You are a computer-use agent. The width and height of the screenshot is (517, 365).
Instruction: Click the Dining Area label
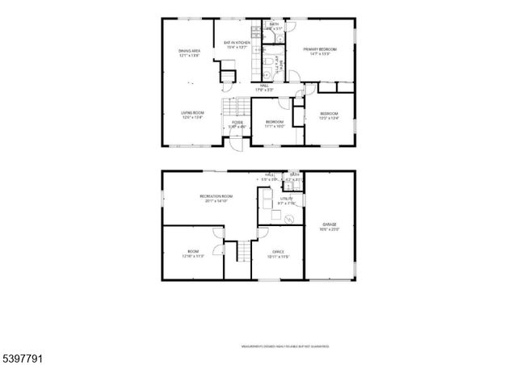(190, 53)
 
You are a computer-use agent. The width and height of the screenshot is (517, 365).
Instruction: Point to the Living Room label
(192, 115)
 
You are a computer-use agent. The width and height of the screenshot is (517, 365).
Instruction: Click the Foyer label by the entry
(237, 124)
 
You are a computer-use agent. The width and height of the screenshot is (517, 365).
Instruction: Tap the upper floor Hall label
(264, 87)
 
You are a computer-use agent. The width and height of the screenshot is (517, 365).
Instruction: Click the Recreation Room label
(216, 199)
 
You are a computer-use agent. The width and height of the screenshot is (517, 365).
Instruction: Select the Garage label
(329, 227)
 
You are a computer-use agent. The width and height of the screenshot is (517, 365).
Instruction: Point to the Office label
(277, 254)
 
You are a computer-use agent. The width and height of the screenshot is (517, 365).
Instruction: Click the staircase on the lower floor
(241, 252)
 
